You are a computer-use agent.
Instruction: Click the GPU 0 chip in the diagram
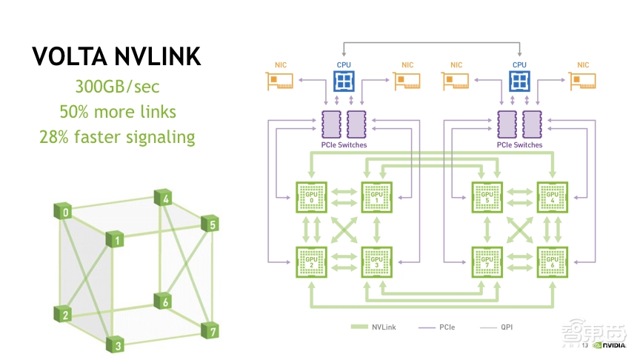[312, 196]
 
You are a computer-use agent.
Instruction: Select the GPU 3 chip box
[376, 261]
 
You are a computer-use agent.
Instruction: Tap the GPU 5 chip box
[488, 196]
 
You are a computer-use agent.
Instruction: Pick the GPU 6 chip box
[552, 261]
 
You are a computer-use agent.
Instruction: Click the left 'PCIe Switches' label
[344, 145]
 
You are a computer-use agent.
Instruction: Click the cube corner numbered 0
[67, 213]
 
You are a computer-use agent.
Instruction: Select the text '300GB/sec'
[117, 87]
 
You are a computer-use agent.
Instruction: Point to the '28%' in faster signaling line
[56, 137]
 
